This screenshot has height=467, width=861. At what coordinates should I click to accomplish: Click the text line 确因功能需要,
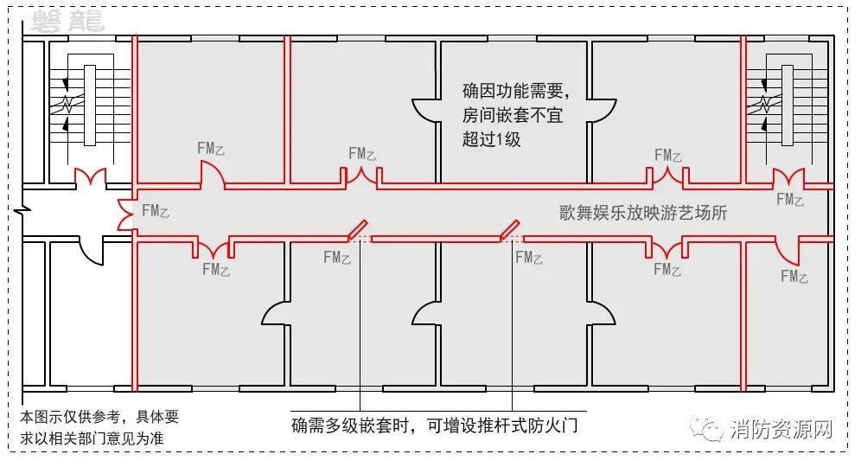[515, 90]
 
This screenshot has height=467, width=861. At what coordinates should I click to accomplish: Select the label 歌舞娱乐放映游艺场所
[643, 213]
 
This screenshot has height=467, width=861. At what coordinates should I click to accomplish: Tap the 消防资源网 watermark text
[780, 429]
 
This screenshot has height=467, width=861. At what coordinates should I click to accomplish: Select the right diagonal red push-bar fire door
[511, 229]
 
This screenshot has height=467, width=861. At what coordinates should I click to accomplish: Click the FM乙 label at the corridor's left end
[155, 209]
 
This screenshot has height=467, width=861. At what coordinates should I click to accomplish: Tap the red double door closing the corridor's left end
[126, 214]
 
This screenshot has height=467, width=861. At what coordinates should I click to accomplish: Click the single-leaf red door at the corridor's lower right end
[791, 251]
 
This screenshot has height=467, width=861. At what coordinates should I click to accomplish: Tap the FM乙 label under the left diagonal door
[337, 257]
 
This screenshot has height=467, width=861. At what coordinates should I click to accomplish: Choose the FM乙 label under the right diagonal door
[529, 257]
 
